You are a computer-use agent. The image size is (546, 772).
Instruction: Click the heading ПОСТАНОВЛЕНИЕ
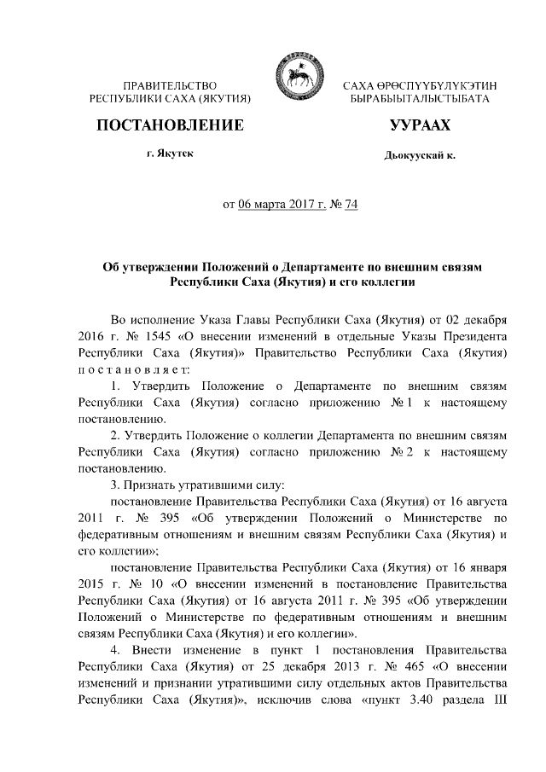click(170, 126)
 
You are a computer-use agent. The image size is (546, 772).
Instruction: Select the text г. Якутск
click(170, 155)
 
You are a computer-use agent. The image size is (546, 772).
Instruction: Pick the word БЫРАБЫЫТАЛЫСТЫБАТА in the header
click(420, 100)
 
